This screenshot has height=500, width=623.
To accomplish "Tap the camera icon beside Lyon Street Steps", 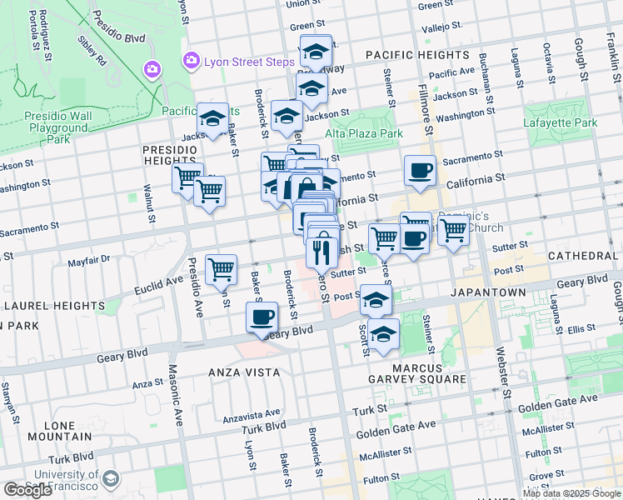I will [192, 60].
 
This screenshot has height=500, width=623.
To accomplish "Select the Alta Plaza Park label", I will [364, 133].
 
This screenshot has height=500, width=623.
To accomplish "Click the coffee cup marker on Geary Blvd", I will [262, 317].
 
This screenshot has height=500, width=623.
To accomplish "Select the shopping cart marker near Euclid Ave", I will [221, 268].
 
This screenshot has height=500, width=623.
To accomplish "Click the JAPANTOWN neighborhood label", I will [488, 293].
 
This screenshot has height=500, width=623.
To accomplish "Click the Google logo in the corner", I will [27, 490].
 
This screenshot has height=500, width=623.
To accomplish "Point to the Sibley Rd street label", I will [91, 50].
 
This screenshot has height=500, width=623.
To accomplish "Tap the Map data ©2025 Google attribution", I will [571, 493].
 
